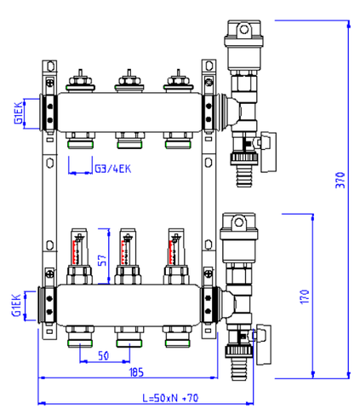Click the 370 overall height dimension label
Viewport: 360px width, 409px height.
pyautogui.click(x=340, y=180)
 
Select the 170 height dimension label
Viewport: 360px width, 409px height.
pyautogui.click(x=305, y=297)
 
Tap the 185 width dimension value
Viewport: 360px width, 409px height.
pyautogui.click(x=136, y=372)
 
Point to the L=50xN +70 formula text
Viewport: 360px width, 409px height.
pyautogui.click(x=170, y=398)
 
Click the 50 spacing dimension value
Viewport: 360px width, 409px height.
pyautogui.click(x=103, y=355)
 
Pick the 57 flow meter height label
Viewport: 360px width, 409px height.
pyautogui.click(x=103, y=260)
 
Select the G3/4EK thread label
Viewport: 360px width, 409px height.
pyautogui.click(x=113, y=169)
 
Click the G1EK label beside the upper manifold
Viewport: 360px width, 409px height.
pyautogui.click(x=18, y=112)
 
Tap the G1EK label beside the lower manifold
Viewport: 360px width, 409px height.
pyautogui.click(x=16, y=305)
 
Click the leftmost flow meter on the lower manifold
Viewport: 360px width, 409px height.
pyautogui.click(x=79, y=256)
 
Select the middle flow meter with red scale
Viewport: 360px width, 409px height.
pyautogui.click(x=128, y=256)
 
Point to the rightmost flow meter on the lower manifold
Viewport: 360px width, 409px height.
pyautogui.click(x=176, y=256)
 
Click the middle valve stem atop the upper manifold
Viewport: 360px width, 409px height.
pyautogui.click(x=129, y=80)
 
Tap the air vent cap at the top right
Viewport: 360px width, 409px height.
pyautogui.click(x=244, y=33)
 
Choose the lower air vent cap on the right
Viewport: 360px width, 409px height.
pyautogui.click(x=239, y=227)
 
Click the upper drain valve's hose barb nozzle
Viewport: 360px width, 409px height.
pyautogui.click(x=244, y=176)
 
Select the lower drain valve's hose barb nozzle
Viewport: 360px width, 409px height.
pyautogui.click(x=239, y=369)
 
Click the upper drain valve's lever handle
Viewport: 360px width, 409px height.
pyautogui.click(x=268, y=152)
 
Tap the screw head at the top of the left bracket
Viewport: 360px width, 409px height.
pyautogui.click(x=50, y=82)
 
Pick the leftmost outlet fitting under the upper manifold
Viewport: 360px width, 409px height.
pyautogui.click(x=81, y=141)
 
